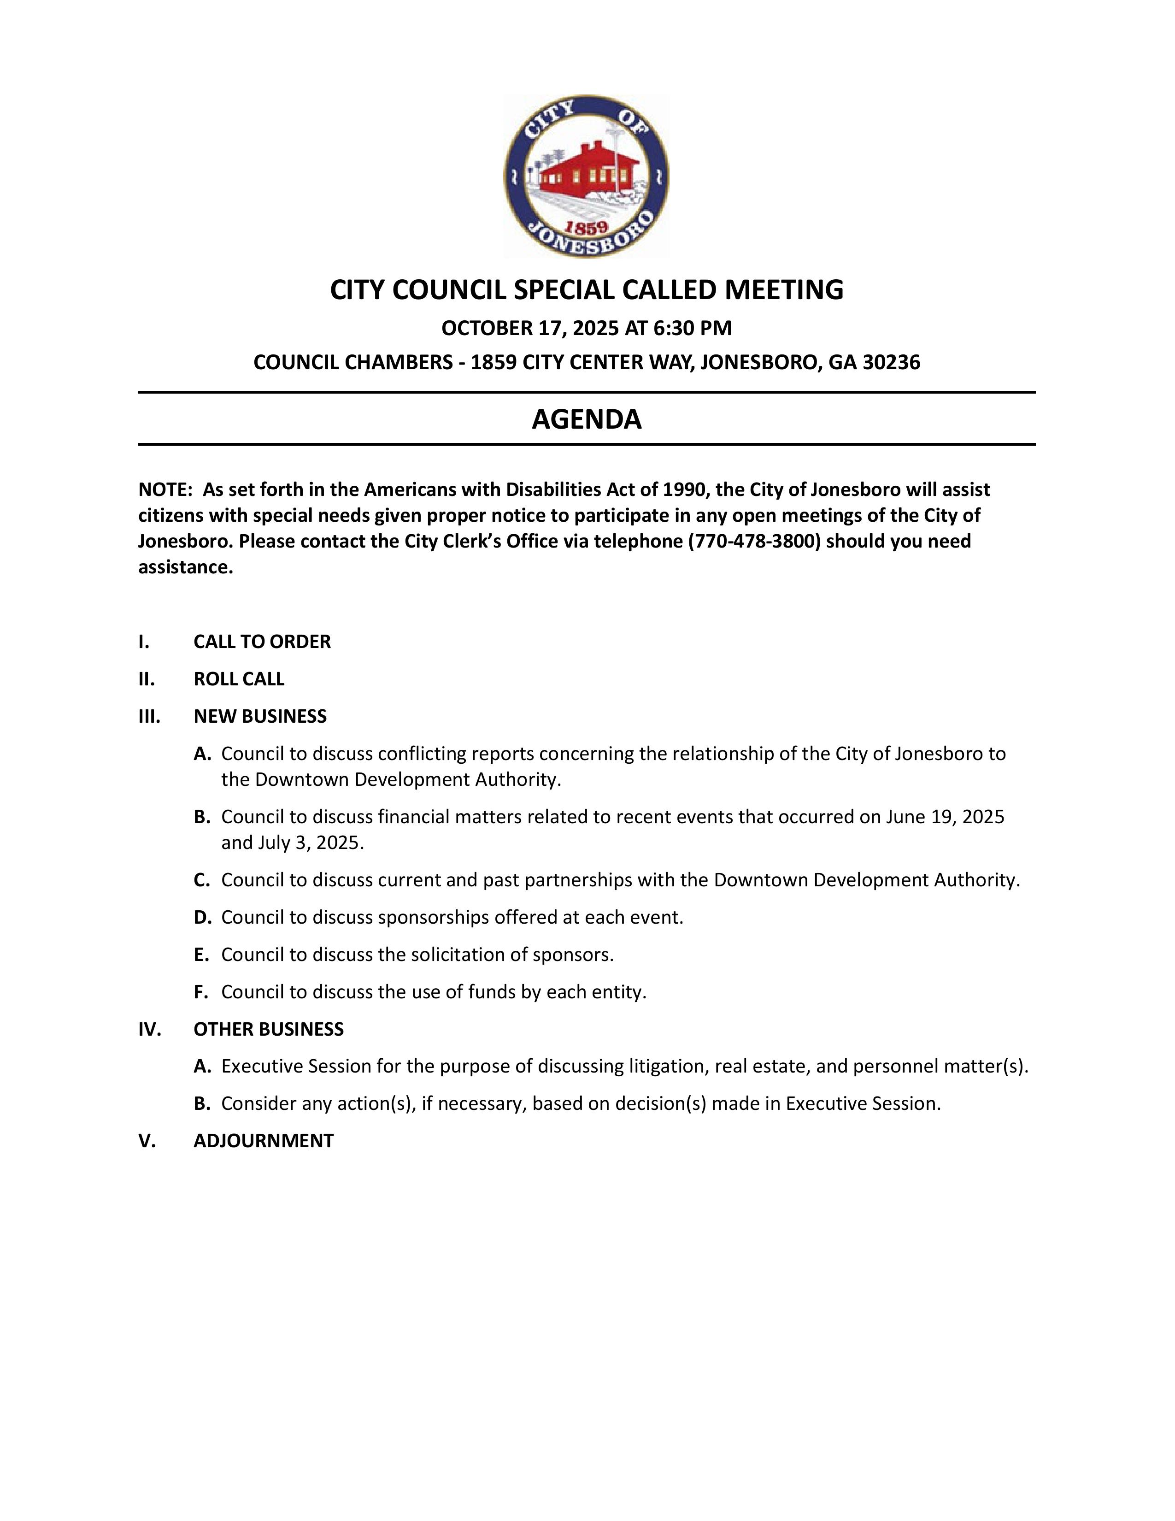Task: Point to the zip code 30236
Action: (x=891, y=362)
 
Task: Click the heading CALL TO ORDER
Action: (x=262, y=642)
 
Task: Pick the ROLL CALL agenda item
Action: (x=239, y=679)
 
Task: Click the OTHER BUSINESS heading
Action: (x=268, y=1029)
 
